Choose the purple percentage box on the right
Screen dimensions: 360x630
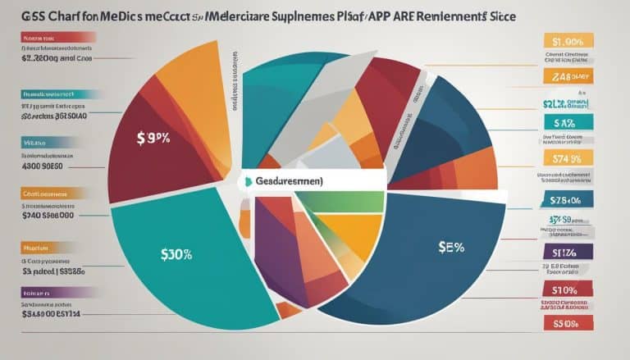click(566, 252)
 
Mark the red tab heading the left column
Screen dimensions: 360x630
click(49, 38)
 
